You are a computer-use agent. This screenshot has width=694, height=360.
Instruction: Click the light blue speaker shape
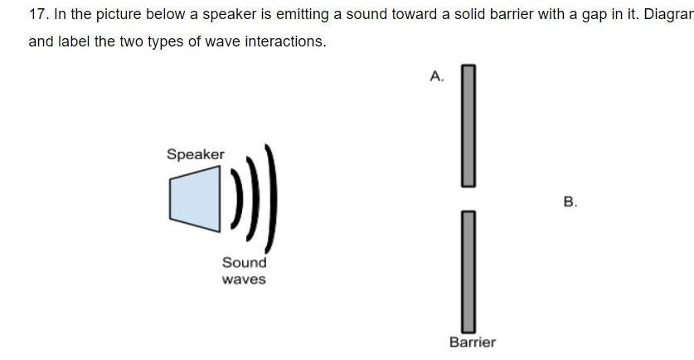click(197, 199)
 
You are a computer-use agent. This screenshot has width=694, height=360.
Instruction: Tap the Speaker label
click(195, 154)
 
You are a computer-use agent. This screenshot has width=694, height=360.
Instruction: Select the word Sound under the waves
click(244, 262)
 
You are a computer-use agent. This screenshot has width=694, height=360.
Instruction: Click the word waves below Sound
click(244, 280)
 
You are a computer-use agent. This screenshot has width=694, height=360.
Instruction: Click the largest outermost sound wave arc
click(273, 199)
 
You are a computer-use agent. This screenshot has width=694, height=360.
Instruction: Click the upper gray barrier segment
click(468, 124)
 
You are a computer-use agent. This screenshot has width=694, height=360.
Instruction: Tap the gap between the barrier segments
click(468, 198)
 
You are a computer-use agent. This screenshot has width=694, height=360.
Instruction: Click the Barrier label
click(473, 342)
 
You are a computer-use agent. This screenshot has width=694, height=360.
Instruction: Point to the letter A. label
click(437, 76)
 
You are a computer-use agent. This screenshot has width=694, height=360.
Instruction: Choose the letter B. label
click(570, 202)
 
